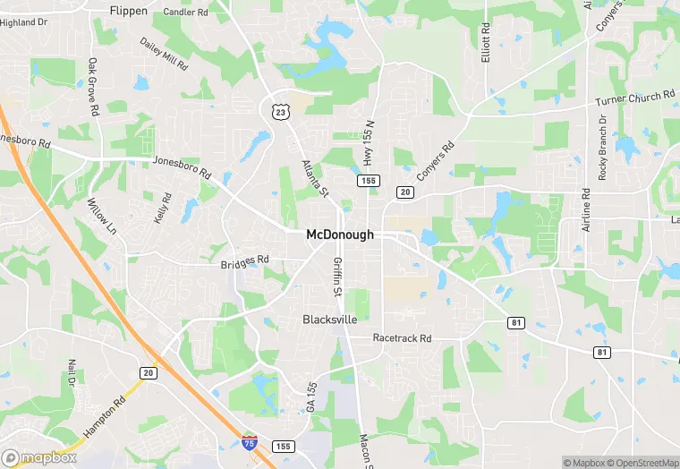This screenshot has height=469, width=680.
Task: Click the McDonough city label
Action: pyautogui.click(x=340, y=234)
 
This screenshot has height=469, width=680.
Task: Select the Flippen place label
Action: pyautogui.click(x=128, y=11)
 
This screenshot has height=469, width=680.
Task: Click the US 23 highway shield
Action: pyautogui.click(x=281, y=110)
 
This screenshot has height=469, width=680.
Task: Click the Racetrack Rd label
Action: pyautogui.click(x=403, y=338)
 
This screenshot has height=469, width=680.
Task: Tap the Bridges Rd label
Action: pyautogui.click(x=244, y=261)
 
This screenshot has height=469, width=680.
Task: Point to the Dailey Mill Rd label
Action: pyautogui.click(x=164, y=54)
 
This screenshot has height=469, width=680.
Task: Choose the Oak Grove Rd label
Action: pyautogui.click(x=93, y=87)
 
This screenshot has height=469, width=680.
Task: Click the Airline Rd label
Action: pyautogui.click(x=586, y=210)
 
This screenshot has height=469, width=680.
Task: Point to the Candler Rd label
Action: pyautogui.click(x=186, y=13)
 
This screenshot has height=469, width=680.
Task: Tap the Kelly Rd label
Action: pyautogui.click(x=162, y=209)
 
